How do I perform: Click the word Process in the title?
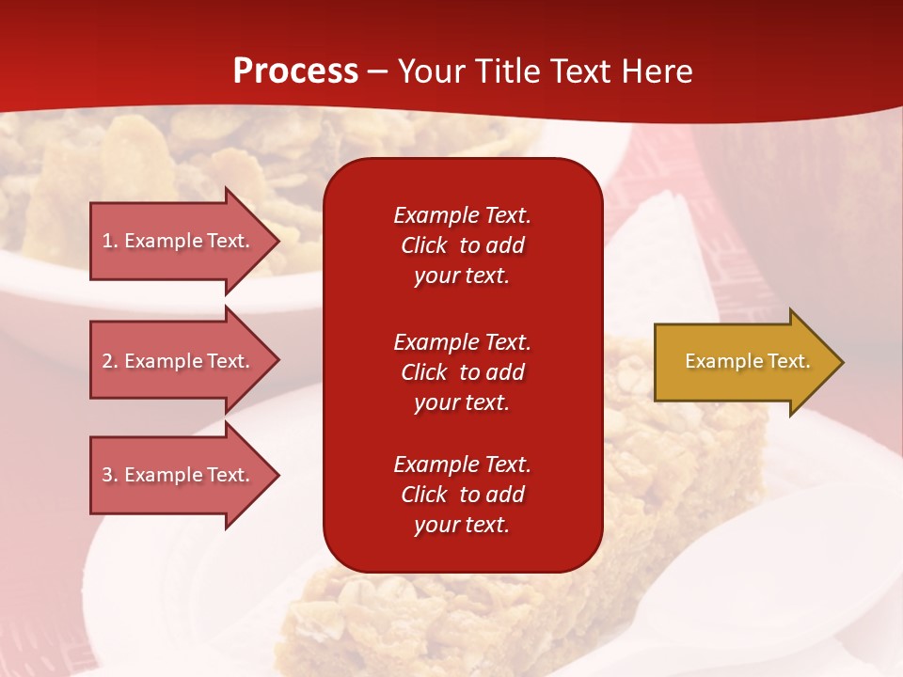(x=296, y=71)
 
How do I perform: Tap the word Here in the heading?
(x=657, y=71)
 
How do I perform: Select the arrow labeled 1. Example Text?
(x=184, y=241)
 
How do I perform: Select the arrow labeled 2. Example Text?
(x=184, y=360)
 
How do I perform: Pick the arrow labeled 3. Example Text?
(x=184, y=475)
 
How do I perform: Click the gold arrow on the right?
(x=749, y=361)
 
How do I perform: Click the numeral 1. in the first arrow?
(x=110, y=241)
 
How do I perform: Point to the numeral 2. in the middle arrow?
(x=110, y=361)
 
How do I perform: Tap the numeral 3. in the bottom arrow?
(x=110, y=475)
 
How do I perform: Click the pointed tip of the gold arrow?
(x=844, y=362)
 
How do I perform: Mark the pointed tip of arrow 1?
(x=279, y=242)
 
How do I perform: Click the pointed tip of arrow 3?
(x=279, y=476)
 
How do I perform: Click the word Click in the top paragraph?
(x=424, y=245)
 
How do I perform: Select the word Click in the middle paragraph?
(x=424, y=372)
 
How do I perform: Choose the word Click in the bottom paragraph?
(x=424, y=494)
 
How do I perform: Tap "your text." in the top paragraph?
(x=462, y=276)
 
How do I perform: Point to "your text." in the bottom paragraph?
(x=462, y=525)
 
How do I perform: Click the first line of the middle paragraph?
(x=463, y=342)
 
